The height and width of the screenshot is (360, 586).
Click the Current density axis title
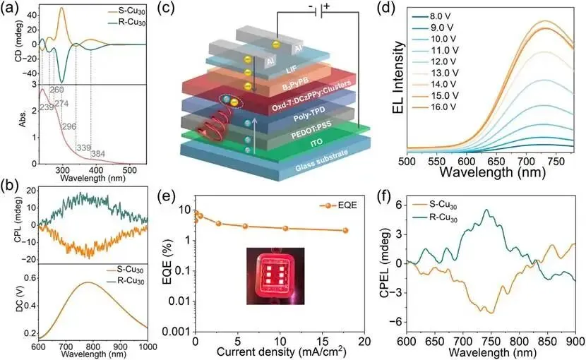coord(282,352)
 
